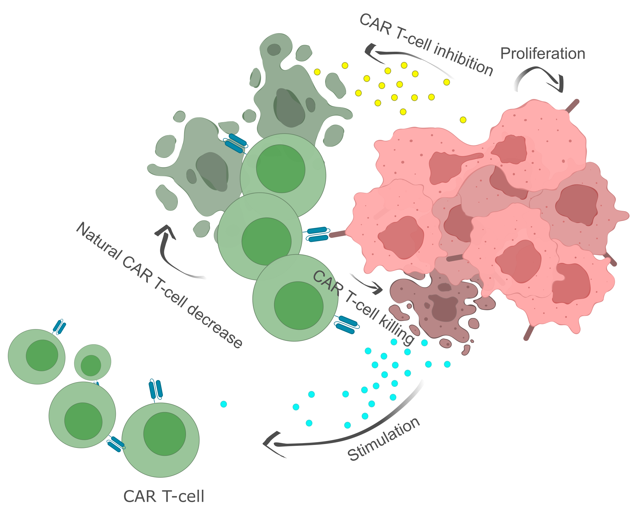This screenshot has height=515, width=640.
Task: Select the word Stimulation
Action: [384, 439]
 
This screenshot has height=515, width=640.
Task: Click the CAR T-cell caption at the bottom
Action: [164, 496]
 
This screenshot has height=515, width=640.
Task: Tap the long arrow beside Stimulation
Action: [346, 433]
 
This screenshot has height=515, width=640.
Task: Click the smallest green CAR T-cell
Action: [93, 362]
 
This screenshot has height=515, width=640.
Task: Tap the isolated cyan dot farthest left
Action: [224, 404]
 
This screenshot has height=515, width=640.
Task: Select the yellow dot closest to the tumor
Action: [463, 120]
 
